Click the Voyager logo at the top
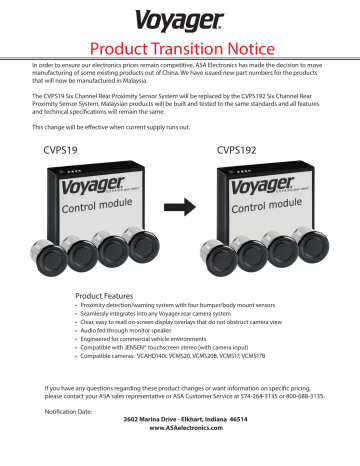[181, 20]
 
